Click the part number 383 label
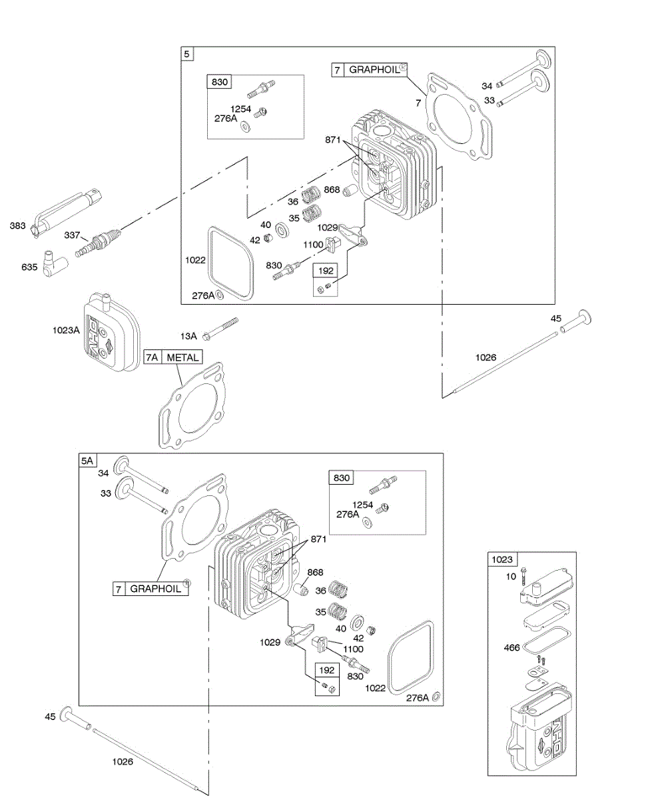19,226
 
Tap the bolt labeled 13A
220,328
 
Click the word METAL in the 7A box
182,358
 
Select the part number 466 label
511,647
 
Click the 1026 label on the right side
486,357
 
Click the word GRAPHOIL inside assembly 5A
155,589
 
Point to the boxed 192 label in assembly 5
327,271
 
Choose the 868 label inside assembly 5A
315,572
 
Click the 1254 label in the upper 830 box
241,108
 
